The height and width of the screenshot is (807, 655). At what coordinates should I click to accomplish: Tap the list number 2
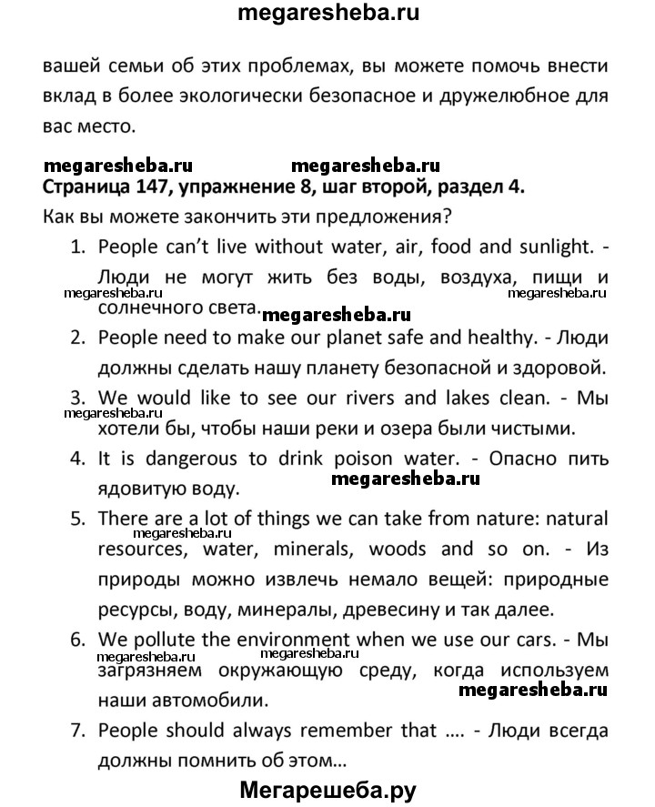pyautogui.click(x=77, y=338)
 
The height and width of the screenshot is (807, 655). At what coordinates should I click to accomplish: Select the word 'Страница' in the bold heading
pyautogui.click(x=85, y=189)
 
